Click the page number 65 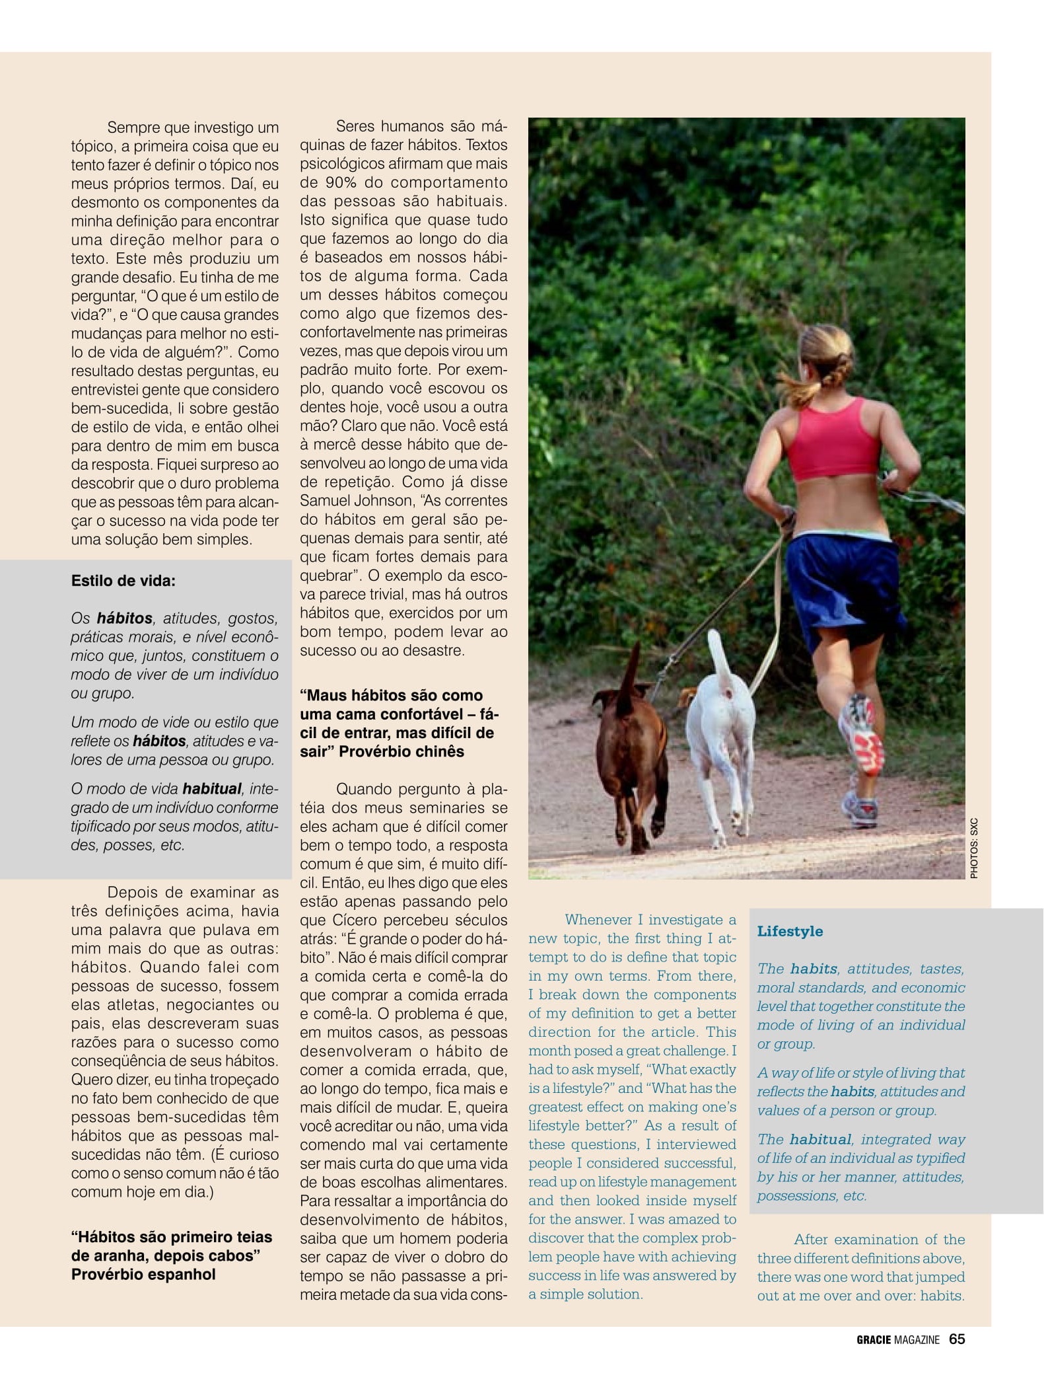pyautogui.click(x=957, y=1339)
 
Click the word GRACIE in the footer pyautogui.click(x=874, y=1340)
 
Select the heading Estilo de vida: pyautogui.click(x=123, y=581)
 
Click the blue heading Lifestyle pyautogui.click(x=790, y=931)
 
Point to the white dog pyautogui.click(x=721, y=740)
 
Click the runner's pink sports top pyautogui.click(x=835, y=439)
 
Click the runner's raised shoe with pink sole pyautogui.click(x=862, y=733)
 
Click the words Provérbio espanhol pyautogui.click(x=143, y=1274)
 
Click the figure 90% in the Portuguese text pyautogui.click(x=337, y=182)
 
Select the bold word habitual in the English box pyautogui.click(x=820, y=1139)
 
